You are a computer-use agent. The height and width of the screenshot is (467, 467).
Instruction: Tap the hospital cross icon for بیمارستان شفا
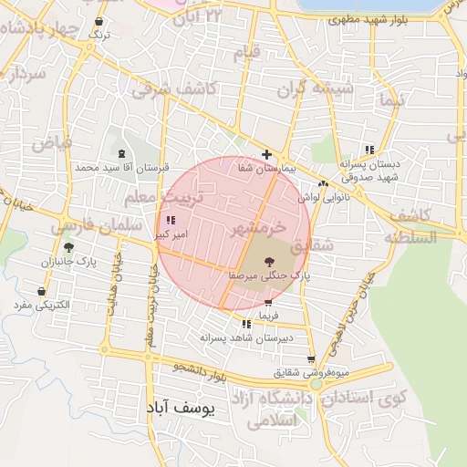(266, 154)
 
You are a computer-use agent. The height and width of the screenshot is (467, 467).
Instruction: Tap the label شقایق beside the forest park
(311, 246)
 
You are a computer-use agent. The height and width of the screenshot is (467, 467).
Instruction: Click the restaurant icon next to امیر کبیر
(171, 220)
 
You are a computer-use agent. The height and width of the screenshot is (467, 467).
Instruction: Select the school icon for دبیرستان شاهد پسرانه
(246, 324)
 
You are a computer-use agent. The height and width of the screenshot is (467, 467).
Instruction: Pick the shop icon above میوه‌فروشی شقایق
(311, 359)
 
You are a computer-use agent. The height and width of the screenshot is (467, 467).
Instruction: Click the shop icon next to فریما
(267, 303)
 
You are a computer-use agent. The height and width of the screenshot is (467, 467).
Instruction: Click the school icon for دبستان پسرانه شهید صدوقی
(369, 150)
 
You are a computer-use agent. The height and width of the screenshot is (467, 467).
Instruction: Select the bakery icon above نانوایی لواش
(323, 183)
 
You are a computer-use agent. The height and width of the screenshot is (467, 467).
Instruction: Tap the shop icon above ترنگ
(99, 21)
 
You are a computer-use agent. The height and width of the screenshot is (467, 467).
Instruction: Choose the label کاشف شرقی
(172, 88)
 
